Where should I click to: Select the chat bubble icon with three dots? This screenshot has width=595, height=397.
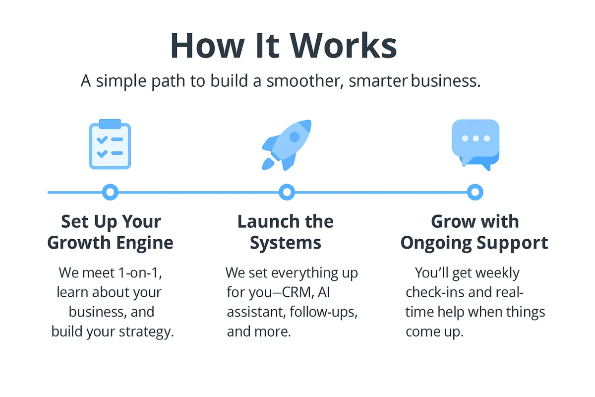pyautogui.click(x=476, y=143)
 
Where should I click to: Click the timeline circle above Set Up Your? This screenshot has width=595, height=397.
pyautogui.click(x=110, y=192)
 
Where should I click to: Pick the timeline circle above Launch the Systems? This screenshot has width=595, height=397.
pyautogui.click(x=287, y=192)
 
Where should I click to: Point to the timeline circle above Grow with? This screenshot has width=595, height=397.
pyautogui.click(x=475, y=192)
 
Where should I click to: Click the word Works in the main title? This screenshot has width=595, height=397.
pyautogui.click(x=344, y=46)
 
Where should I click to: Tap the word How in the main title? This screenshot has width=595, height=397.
pyautogui.click(x=204, y=46)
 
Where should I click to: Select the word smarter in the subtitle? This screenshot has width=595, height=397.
pyautogui.click(x=378, y=81)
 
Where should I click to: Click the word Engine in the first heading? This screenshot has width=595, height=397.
pyautogui.click(x=145, y=243)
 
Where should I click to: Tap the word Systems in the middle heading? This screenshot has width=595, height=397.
pyautogui.click(x=286, y=243)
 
